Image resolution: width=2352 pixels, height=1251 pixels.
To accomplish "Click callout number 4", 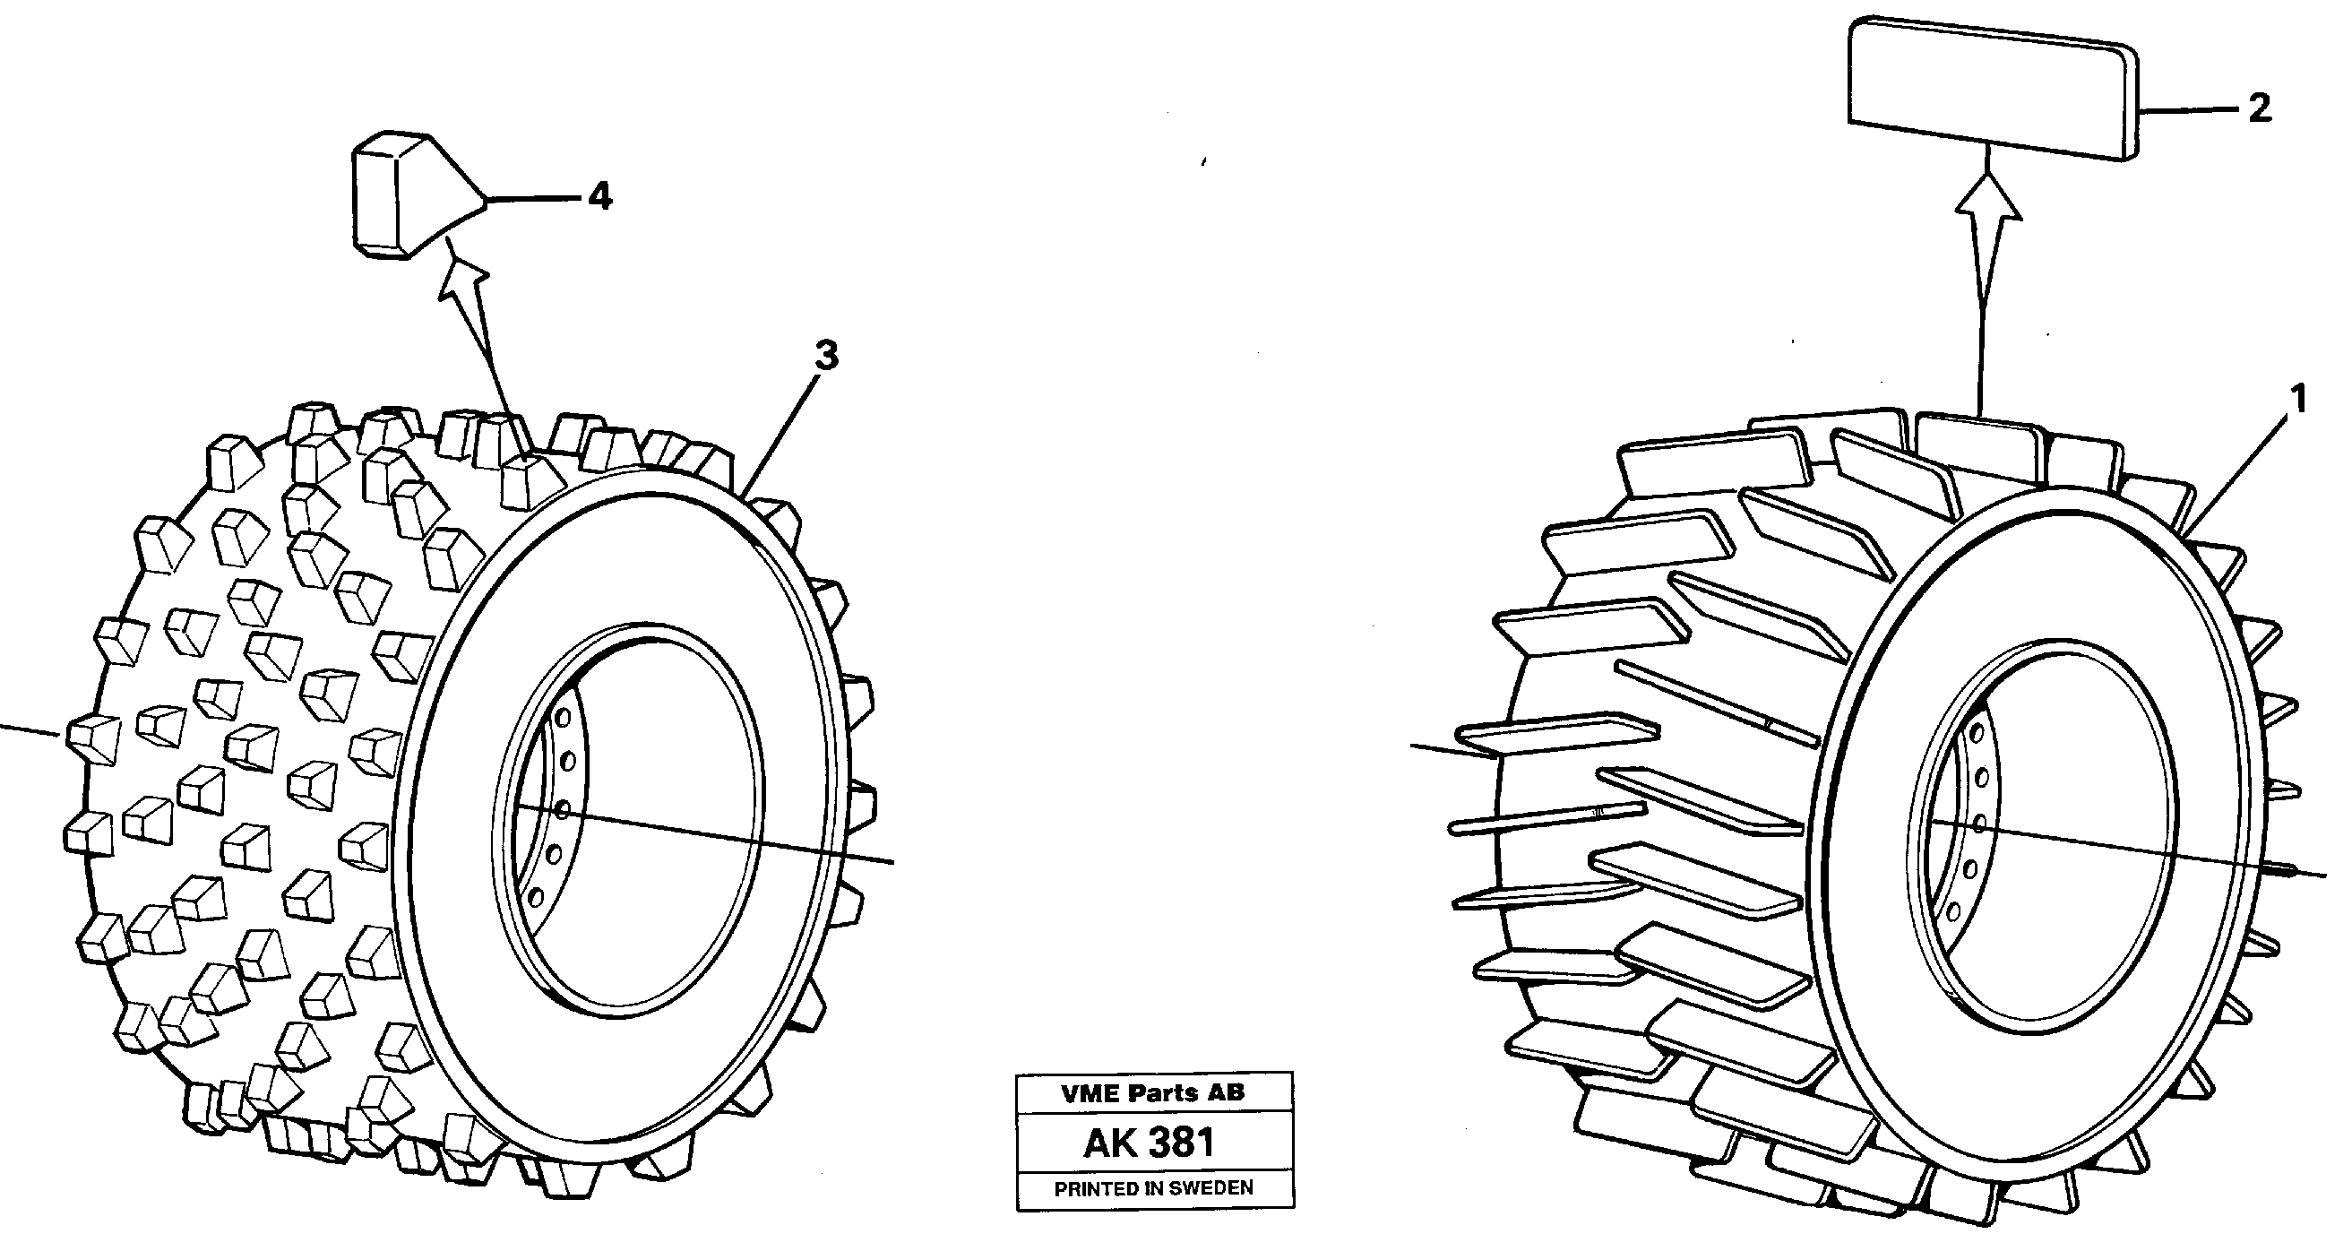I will (x=599, y=195).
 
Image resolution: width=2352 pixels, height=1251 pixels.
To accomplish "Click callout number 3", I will (x=825, y=356).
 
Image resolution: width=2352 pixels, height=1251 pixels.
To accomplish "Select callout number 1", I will (x=2298, y=398).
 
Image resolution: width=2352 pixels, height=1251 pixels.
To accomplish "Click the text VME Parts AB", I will (x=1152, y=1093).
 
